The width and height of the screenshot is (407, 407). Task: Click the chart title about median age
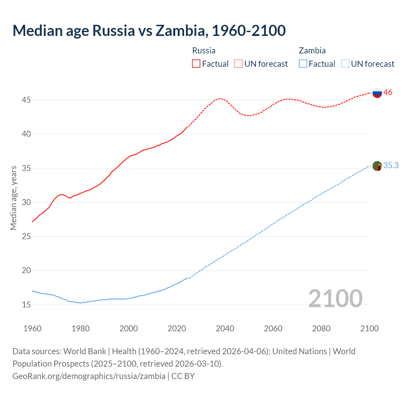[x=149, y=31]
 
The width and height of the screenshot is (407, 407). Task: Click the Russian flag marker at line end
[x=377, y=93]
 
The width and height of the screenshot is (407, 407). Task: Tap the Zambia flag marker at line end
[x=377, y=166]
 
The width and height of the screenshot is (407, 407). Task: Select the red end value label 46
[x=388, y=93]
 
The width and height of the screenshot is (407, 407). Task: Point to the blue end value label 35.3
[x=391, y=166]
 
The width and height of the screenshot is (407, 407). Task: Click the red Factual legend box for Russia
[x=196, y=64]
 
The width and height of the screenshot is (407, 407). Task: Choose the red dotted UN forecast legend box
[x=238, y=64]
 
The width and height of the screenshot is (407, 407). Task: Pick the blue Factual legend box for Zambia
[x=303, y=64]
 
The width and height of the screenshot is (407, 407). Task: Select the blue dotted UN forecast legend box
[x=345, y=64]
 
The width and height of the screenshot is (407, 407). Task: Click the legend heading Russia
[x=204, y=51]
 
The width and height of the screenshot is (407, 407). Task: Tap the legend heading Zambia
[x=312, y=51]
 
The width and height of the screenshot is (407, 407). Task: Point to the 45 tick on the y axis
[x=26, y=100]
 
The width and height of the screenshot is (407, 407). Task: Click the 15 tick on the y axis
[x=26, y=305]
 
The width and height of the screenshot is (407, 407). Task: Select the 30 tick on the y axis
[x=26, y=202]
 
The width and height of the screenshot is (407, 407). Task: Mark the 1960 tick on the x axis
[x=32, y=328]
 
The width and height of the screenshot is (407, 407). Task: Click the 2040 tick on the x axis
[x=225, y=328]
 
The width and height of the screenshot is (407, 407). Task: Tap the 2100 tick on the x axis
[x=369, y=328]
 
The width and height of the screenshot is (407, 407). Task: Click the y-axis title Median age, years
[x=13, y=198]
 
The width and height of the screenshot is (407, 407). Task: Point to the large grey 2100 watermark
[x=335, y=298]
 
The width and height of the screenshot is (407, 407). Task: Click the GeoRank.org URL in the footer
[x=89, y=376]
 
